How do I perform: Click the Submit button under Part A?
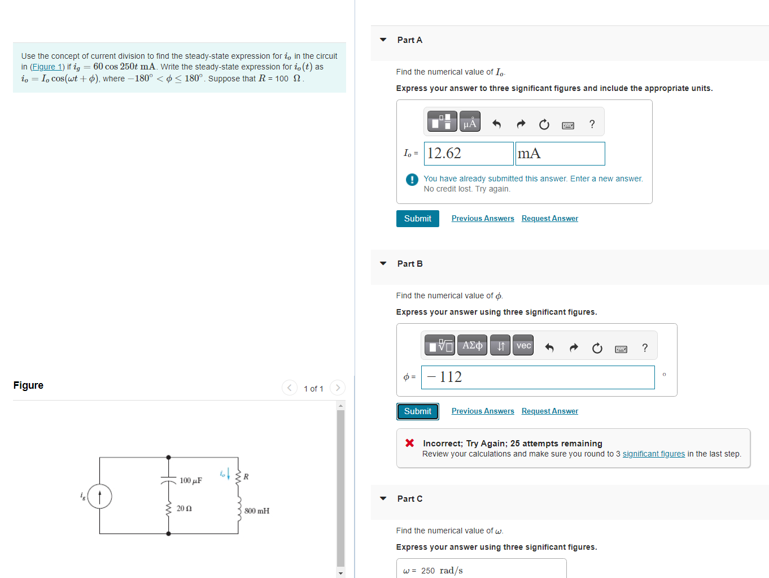pos(417,219)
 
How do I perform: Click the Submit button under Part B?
pos(417,411)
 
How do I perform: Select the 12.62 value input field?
pos(469,154)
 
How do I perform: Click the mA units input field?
pos(560,154)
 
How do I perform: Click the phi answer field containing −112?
pos(538,377)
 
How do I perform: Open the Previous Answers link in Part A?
pos(483,219)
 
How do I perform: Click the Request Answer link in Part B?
pos(549,411)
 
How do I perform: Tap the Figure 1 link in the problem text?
pos(47,67)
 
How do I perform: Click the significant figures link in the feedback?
pos(653,454)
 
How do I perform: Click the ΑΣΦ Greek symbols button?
pos(472,345)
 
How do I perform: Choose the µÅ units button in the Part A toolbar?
pos(469,122)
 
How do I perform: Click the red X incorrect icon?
pos(410,443)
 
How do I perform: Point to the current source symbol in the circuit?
pos(100,497)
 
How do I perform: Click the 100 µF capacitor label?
pos(190,481)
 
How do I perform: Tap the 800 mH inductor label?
pos(257,511)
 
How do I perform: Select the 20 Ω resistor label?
pos(184,509)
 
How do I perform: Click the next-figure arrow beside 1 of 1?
pos(338,388)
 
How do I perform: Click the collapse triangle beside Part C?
pos(383,498)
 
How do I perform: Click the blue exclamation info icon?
pos(412,180)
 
